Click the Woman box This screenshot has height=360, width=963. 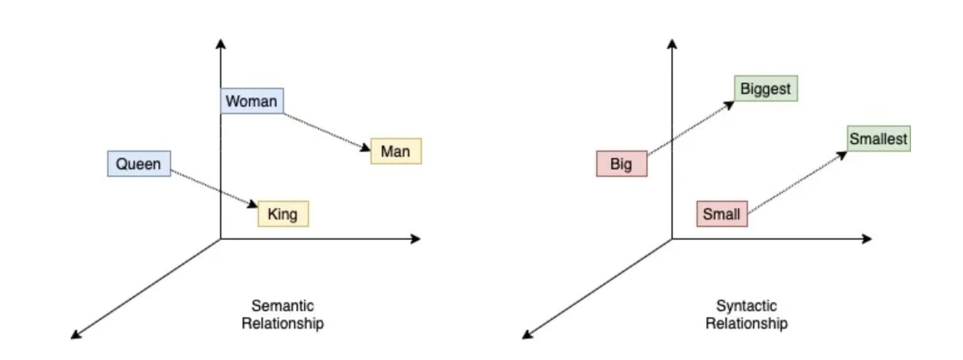tap(251, 101)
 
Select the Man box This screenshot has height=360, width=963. tap(396, 151)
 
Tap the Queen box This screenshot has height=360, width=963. tap(139, 164)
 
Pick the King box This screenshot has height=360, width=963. tap(283, 214)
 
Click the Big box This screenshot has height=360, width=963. tap(621, 164)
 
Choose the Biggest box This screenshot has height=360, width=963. tap(766, 88)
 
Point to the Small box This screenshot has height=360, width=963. tap(722, 214)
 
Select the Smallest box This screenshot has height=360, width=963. tap(878, 139)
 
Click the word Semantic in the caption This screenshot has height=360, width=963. tap(283, 306)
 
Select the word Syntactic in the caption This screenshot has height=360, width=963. tap(746, 306)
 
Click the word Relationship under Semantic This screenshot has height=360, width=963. tap(283, 324)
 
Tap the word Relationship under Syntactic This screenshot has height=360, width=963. tap(746, 324)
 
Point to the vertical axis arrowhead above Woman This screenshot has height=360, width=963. tap(220, 43)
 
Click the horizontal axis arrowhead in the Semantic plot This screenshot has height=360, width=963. tap(415, 238)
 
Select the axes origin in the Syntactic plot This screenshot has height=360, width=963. tap(672, 238)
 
